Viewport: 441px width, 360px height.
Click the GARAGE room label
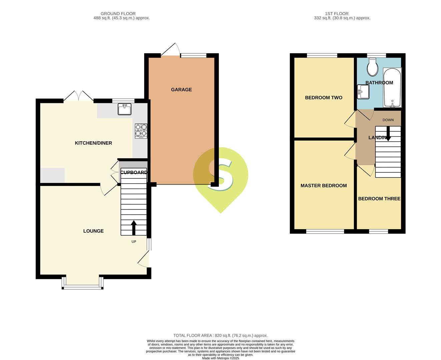click(181, 90)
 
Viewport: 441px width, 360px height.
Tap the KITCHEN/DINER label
click(93, 143)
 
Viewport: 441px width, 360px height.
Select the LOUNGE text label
click(93, 231)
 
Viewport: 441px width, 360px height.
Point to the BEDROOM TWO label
click(324, 98)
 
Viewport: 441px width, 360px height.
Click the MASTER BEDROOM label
click(324, 186)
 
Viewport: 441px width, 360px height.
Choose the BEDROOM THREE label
click(379, 199)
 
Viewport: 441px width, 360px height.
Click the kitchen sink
click(124, 109)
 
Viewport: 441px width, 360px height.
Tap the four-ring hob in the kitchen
click(141, 131)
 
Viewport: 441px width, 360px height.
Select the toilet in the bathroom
click(372, 67)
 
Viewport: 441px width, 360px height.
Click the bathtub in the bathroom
click(392, 88)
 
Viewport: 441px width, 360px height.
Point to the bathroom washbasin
click(363, 92)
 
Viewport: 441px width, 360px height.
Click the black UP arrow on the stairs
click(134, 228)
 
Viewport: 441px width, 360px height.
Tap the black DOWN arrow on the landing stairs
click(388, 134)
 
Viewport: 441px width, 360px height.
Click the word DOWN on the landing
click(388, 120)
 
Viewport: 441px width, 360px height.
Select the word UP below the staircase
click(134, 242)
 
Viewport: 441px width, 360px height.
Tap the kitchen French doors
click(78, 96)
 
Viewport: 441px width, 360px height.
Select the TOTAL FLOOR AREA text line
click(220, 336)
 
